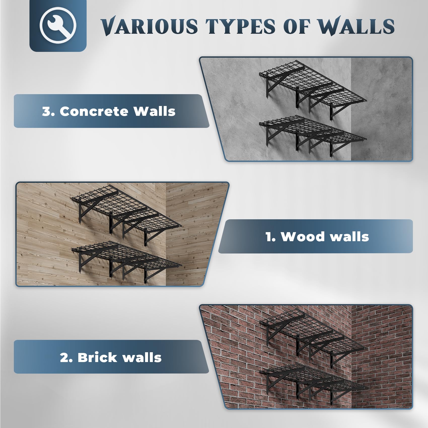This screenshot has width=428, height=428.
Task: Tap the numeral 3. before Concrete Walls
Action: coord(48,111)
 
